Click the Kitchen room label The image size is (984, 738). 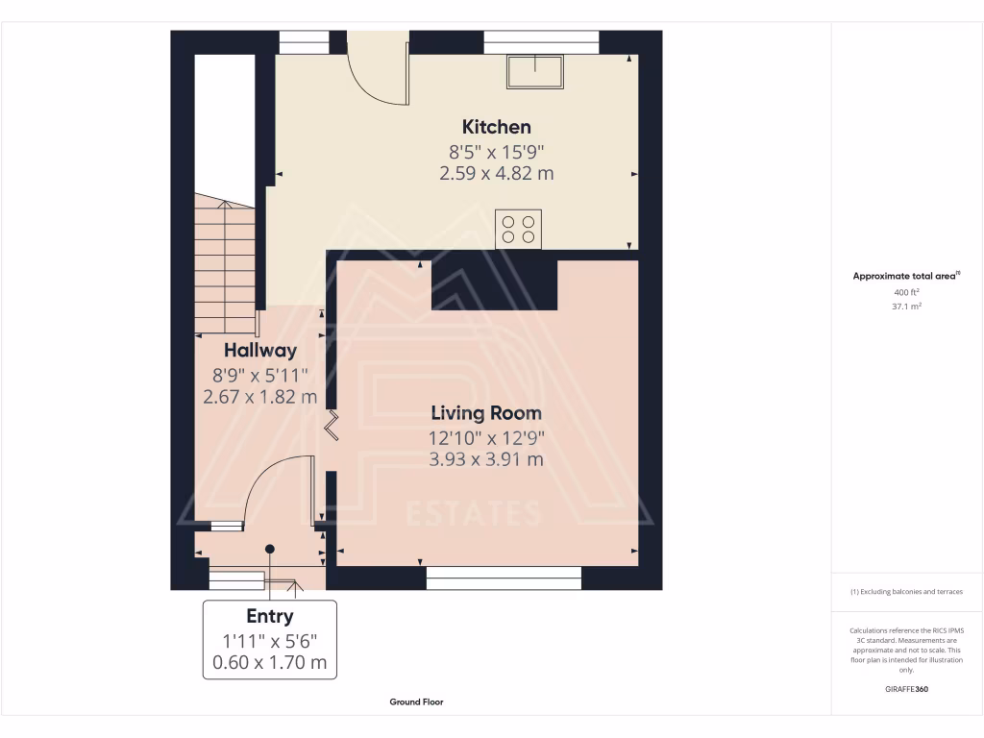496,127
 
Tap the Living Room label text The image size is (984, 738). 486,413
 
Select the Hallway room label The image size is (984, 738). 260,351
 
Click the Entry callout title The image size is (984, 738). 270,617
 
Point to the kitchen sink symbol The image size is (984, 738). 536,71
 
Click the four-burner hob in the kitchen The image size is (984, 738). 519,229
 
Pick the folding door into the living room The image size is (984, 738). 332,425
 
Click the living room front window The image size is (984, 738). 504,577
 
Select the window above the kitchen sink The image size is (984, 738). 541,42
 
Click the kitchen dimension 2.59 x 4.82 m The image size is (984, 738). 496,174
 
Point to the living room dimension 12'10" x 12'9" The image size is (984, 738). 486,437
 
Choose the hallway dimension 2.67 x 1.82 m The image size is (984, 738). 260,397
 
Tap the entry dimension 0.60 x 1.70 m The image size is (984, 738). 270,662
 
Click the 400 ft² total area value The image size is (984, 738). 907,292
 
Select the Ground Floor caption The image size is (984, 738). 416,702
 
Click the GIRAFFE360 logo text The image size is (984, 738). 907,689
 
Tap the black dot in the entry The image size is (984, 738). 270,549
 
